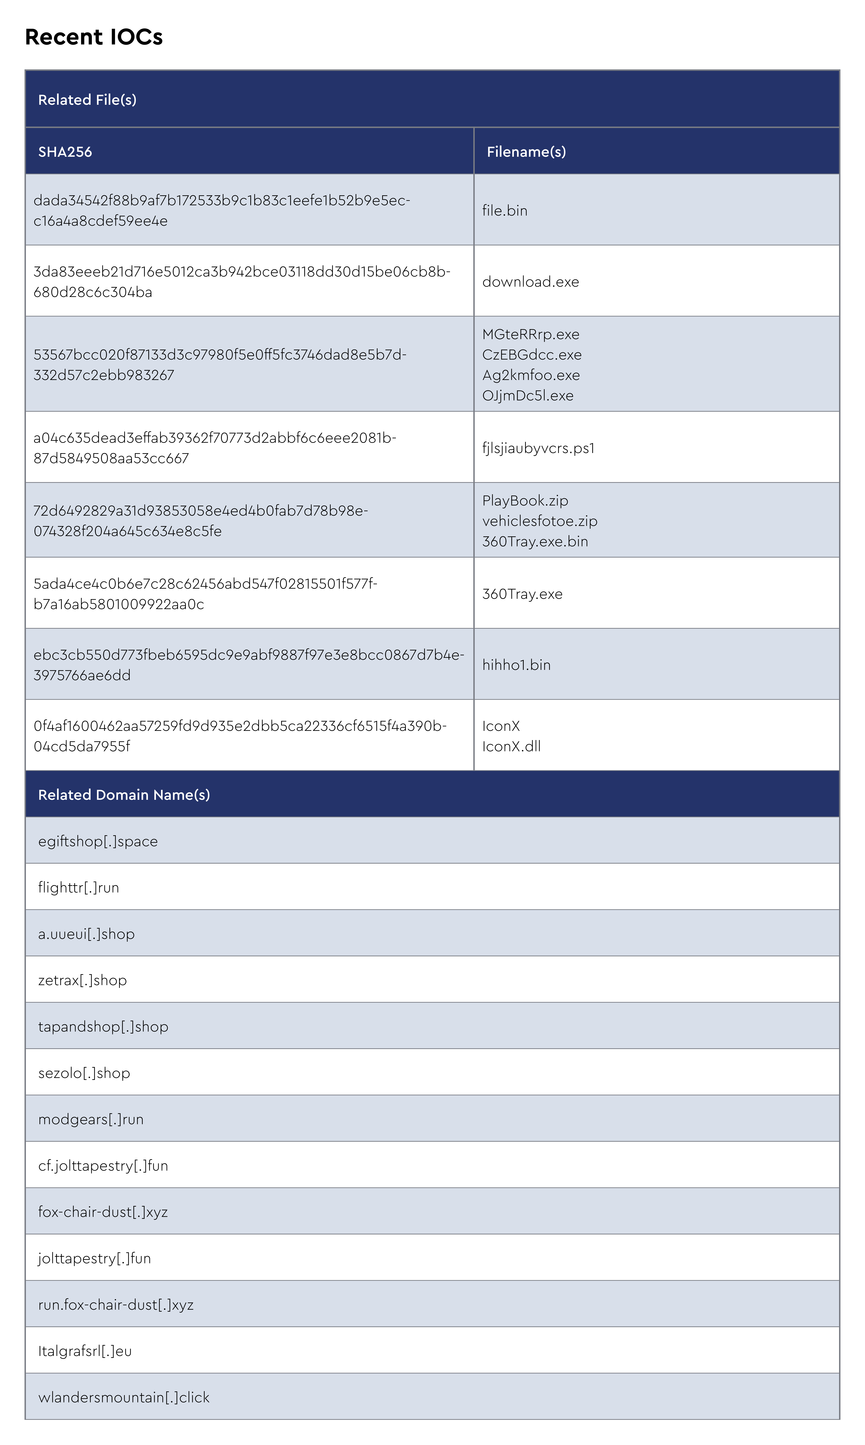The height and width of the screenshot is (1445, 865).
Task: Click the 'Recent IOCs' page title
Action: click(x=93, y=37)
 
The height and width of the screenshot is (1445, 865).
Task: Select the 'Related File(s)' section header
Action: click(x=87, y=100)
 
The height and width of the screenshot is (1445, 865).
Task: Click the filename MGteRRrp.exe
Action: click(x=530, y=334)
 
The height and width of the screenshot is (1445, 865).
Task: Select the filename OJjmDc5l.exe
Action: click(x=527, y=396)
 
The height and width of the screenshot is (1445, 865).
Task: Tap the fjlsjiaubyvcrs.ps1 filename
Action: click(x=538, y=448)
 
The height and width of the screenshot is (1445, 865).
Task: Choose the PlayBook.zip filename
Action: click(x=525, y=501)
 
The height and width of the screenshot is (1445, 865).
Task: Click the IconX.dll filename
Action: click(x=511, y=746)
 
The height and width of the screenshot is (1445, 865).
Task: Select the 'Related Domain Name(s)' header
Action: click(x=124, y=795)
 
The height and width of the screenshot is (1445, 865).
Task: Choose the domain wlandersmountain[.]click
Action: click(x=124, y=1397)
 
